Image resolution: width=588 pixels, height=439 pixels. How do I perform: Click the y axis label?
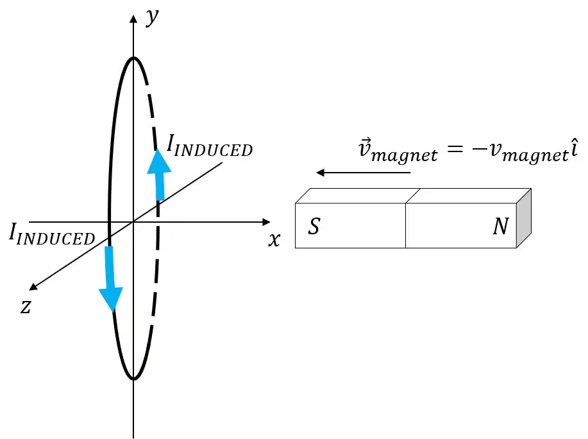click(x=152, y=17)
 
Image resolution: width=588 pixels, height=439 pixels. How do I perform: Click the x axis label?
click(x=274, y=239)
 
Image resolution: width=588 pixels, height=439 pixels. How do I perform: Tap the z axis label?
click(x=26, y=306)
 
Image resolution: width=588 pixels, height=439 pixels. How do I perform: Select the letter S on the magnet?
click(x=314, y=226)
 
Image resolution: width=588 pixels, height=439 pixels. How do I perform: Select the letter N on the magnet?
click(x=501, y=226)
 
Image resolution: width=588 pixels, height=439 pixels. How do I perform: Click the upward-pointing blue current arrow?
click(x=160, y=175)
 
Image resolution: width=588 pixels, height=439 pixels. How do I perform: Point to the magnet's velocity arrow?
click(x=363, y=173)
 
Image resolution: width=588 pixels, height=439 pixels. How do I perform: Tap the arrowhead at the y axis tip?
click(x=133, y=19)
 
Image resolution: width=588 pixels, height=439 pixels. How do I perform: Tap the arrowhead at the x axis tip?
click(x=266, y=222)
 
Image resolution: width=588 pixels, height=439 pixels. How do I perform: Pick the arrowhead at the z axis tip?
click(x=33, y=287)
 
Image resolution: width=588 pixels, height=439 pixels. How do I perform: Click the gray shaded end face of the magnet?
click(x=524, y=218)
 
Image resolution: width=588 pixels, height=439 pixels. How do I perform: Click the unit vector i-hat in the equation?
click(x=574, y=148)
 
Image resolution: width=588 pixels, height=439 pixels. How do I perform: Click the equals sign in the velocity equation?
click(x=455, y=149)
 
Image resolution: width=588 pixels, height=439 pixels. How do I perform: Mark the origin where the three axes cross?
click(x=133, y=222)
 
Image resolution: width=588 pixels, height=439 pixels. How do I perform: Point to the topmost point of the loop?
click(x=133, y=57)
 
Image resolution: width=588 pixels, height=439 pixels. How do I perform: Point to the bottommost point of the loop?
click(x=133, y=379)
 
